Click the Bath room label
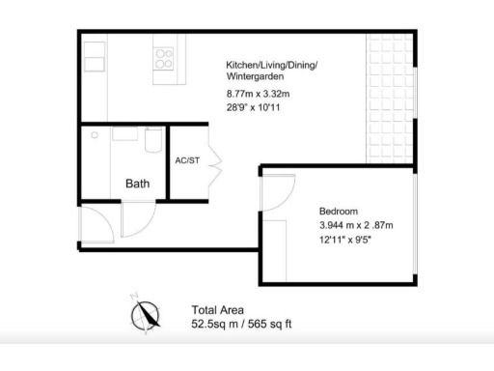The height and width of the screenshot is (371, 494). point(138,183)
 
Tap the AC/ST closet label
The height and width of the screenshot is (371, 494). point(187,160)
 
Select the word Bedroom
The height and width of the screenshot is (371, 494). point(339,211)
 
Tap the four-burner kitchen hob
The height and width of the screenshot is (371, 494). point(165,54)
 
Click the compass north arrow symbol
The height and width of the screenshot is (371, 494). point(147,313)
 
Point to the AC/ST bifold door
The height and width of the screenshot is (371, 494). point(214,160)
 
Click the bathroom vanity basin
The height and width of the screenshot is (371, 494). point(124,135)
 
